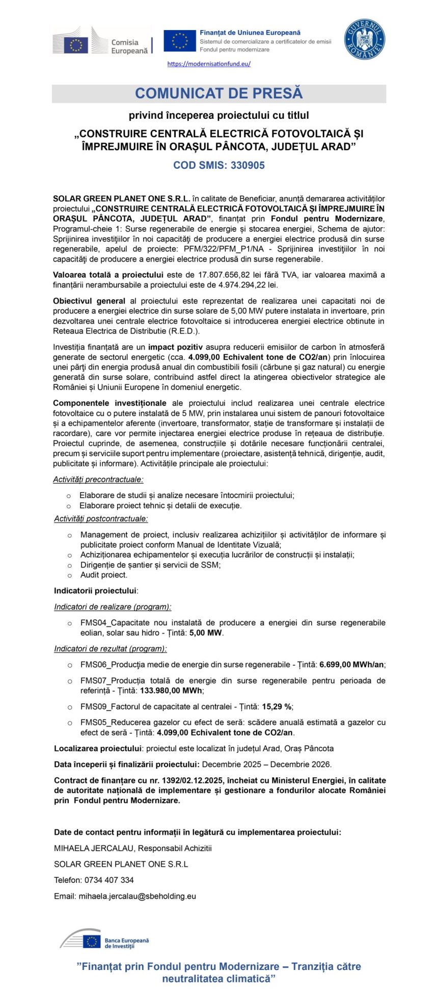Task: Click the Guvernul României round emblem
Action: point(364,39)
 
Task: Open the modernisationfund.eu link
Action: point(209,64)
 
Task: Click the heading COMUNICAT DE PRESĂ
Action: point(219,93)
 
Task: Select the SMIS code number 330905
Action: point(248,165)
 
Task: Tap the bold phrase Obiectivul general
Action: point(89,301)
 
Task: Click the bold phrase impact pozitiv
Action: point(175,347)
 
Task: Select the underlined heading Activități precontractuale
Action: point(98,479)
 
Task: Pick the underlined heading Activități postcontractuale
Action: point(101,519)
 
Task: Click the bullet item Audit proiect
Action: point(104,575)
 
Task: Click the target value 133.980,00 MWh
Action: point(172,691)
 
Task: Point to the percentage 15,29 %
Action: point(277,706)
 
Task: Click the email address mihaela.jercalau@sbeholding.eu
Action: point(137,896)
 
